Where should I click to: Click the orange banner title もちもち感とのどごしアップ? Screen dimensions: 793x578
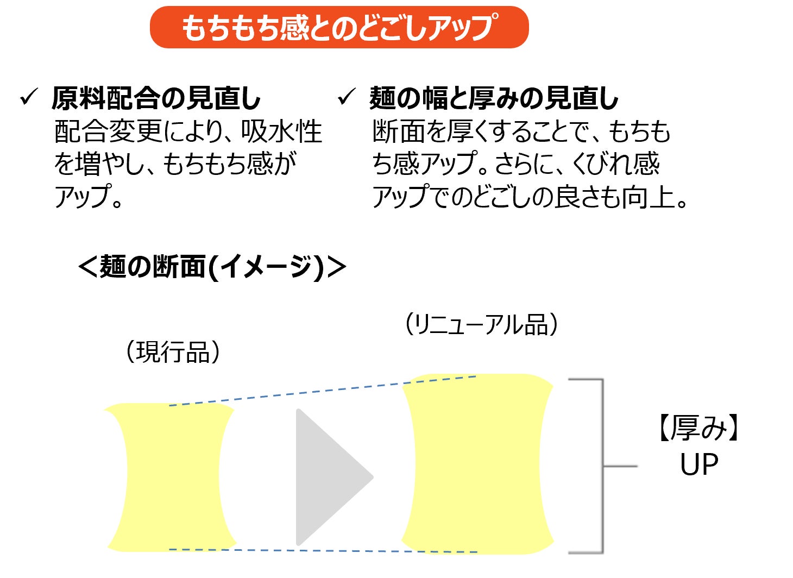(339, 27)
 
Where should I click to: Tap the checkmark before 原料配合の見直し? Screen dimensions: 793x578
(28, 98)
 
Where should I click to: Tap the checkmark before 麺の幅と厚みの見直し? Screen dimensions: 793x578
(346, 98)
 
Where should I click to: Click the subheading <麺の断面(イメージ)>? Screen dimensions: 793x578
(212, 267)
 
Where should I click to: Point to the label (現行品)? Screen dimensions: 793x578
(173, 351)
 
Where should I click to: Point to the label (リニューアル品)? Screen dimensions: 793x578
(481, 325)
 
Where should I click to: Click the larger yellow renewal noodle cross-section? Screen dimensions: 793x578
(477, 464)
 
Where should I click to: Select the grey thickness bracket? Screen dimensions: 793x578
(602, 466)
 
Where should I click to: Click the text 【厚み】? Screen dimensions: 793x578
(699, 428)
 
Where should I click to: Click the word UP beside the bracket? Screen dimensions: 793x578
(699, 465)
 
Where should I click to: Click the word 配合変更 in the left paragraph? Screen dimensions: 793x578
(109, 131)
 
